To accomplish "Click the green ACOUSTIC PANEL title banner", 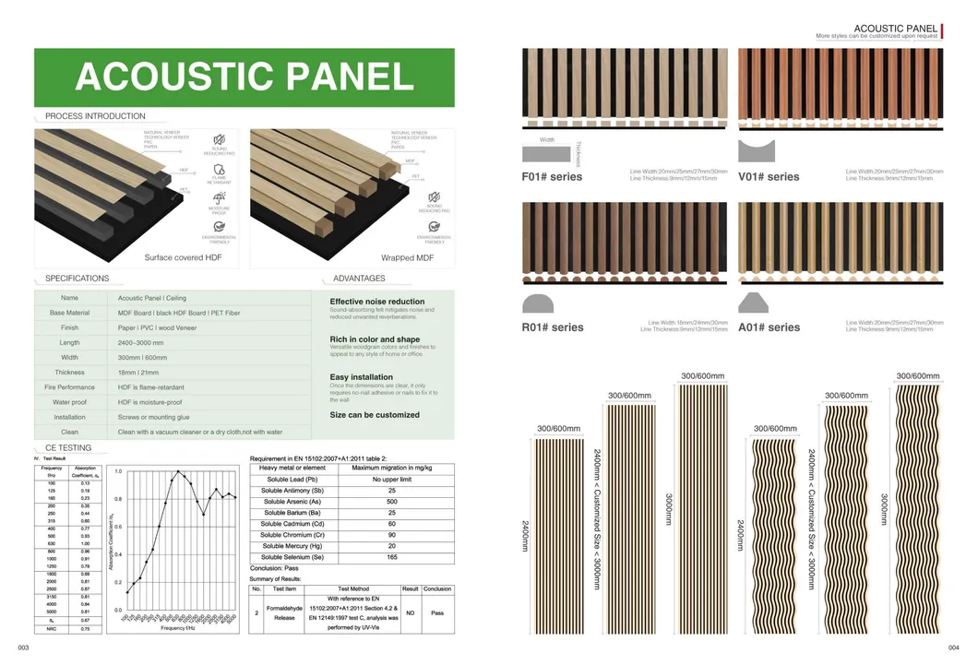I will pos(244,77).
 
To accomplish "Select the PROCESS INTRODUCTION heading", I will pos(95,116).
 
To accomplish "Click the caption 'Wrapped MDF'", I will pos(407,258).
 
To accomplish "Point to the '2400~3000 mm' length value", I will pos(145,342).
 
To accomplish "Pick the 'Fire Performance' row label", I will pos(70,387).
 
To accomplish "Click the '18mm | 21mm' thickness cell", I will pos(137,373).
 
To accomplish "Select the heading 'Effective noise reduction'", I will pos(377,302).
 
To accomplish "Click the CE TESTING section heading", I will pos(67,448).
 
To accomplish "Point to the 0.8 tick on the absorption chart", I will pos(118,499).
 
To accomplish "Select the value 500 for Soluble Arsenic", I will pos(391,502).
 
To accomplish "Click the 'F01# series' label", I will pos(553,177).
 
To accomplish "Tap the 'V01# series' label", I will pos(769,177).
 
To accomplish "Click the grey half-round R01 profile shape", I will pos(538,303).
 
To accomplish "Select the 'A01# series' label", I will pos(769,327).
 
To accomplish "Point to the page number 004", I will pos(953,649).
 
